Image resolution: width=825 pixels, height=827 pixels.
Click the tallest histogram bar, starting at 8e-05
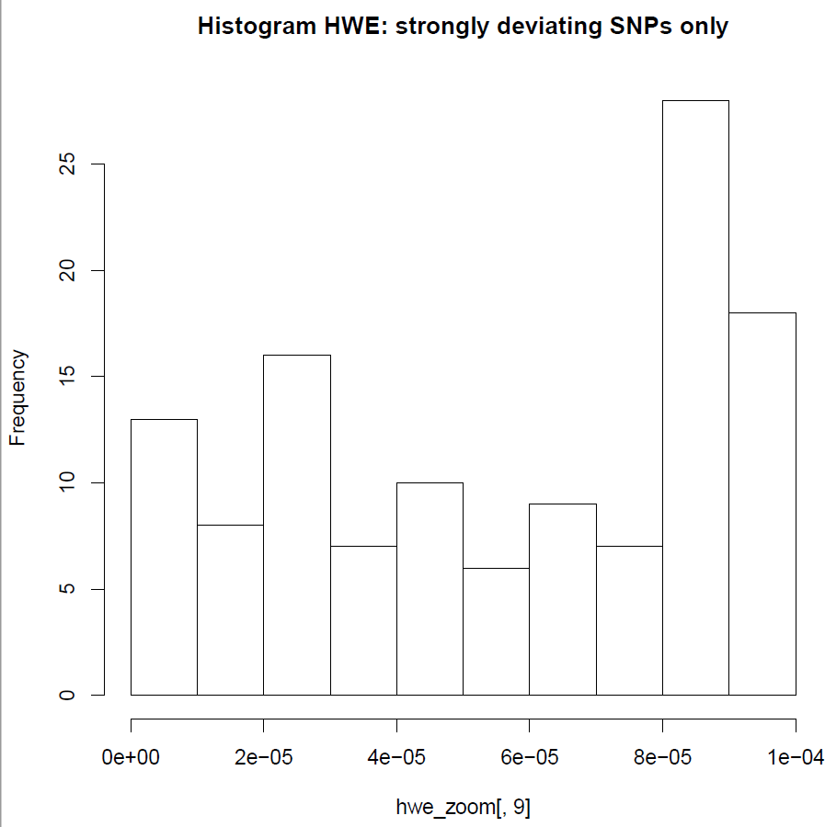[x=695, y=398]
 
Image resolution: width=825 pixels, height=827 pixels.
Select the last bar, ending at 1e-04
[x=762, y=504]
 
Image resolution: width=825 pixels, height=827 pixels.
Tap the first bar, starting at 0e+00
[x=164, y=557]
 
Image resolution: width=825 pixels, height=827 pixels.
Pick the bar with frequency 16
[x=297, y=525]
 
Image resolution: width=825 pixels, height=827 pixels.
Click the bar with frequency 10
[x=430, y=589]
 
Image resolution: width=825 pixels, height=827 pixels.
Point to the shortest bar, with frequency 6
[x=496, y=631]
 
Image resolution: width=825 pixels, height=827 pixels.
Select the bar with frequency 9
[x=563, y=599]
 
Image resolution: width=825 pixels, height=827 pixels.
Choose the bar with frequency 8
[x=231, y=610]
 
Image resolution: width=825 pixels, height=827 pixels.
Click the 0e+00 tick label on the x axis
[x=131, y=757]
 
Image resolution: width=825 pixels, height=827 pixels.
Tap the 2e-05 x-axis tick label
[x=263, y=757]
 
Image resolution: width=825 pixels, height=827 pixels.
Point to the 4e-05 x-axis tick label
[x=396, y=757]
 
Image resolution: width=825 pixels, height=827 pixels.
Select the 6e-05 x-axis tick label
[x=530, y=757]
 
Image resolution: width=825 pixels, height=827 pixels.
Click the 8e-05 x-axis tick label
[x=662, y=757]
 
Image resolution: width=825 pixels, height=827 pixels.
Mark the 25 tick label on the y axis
[x=67, y=164]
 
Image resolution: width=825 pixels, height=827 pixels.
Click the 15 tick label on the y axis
[x=67, y=376]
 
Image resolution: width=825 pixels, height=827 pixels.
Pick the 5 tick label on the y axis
[x=67, y=589]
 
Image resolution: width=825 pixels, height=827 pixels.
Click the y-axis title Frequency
[x=17, y=398]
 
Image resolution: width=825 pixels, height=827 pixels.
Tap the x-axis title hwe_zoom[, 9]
[x=463, y=807]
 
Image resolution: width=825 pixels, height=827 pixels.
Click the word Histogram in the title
[x=257, y=26]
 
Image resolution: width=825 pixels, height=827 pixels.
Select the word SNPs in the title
[x=641, y=26]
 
